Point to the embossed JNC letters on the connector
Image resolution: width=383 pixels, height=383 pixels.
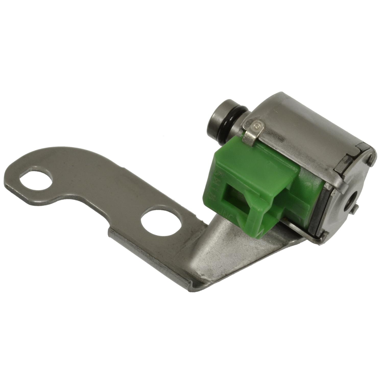point(226,212)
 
